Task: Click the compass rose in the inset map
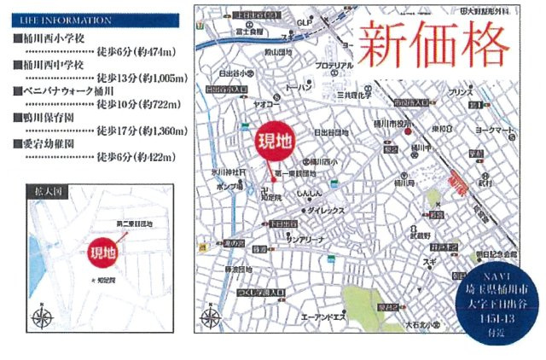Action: pos(41,317)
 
